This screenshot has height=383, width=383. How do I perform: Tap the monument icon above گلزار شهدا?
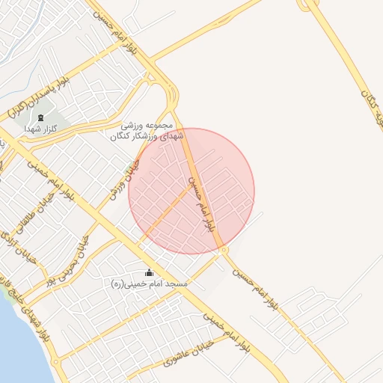tap(40, 117)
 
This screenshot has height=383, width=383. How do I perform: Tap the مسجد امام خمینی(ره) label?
tap(150, 284)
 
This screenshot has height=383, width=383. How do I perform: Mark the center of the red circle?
tap(191, 191)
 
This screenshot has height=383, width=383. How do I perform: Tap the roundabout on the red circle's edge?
tap(224, 249)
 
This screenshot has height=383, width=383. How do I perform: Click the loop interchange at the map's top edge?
tap(309, 4)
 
